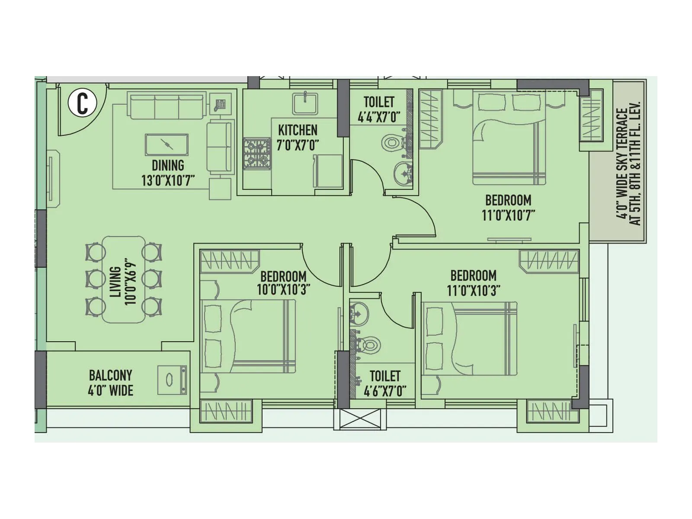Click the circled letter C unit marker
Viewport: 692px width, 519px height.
coord(82,103)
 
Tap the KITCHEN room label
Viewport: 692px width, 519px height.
coord(298,130)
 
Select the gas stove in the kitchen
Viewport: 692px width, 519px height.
coord(257,154)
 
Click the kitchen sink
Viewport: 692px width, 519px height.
coord(305,103)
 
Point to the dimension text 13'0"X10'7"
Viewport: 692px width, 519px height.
coord(168,180)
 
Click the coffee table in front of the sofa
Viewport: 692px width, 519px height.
coord(167,144)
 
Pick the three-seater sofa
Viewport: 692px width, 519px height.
coord(166,106)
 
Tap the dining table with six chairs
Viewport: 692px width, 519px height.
coord(124,279)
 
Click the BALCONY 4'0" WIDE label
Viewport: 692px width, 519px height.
coord(111,383)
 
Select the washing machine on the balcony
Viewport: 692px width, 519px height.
coord(172,380)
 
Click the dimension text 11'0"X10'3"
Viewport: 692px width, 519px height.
coord(474,290)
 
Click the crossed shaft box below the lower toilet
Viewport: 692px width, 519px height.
coord(360,419)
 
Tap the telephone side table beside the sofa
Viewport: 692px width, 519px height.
coord(220,104)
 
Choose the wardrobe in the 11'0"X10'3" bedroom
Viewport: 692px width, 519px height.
coord(549,261)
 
